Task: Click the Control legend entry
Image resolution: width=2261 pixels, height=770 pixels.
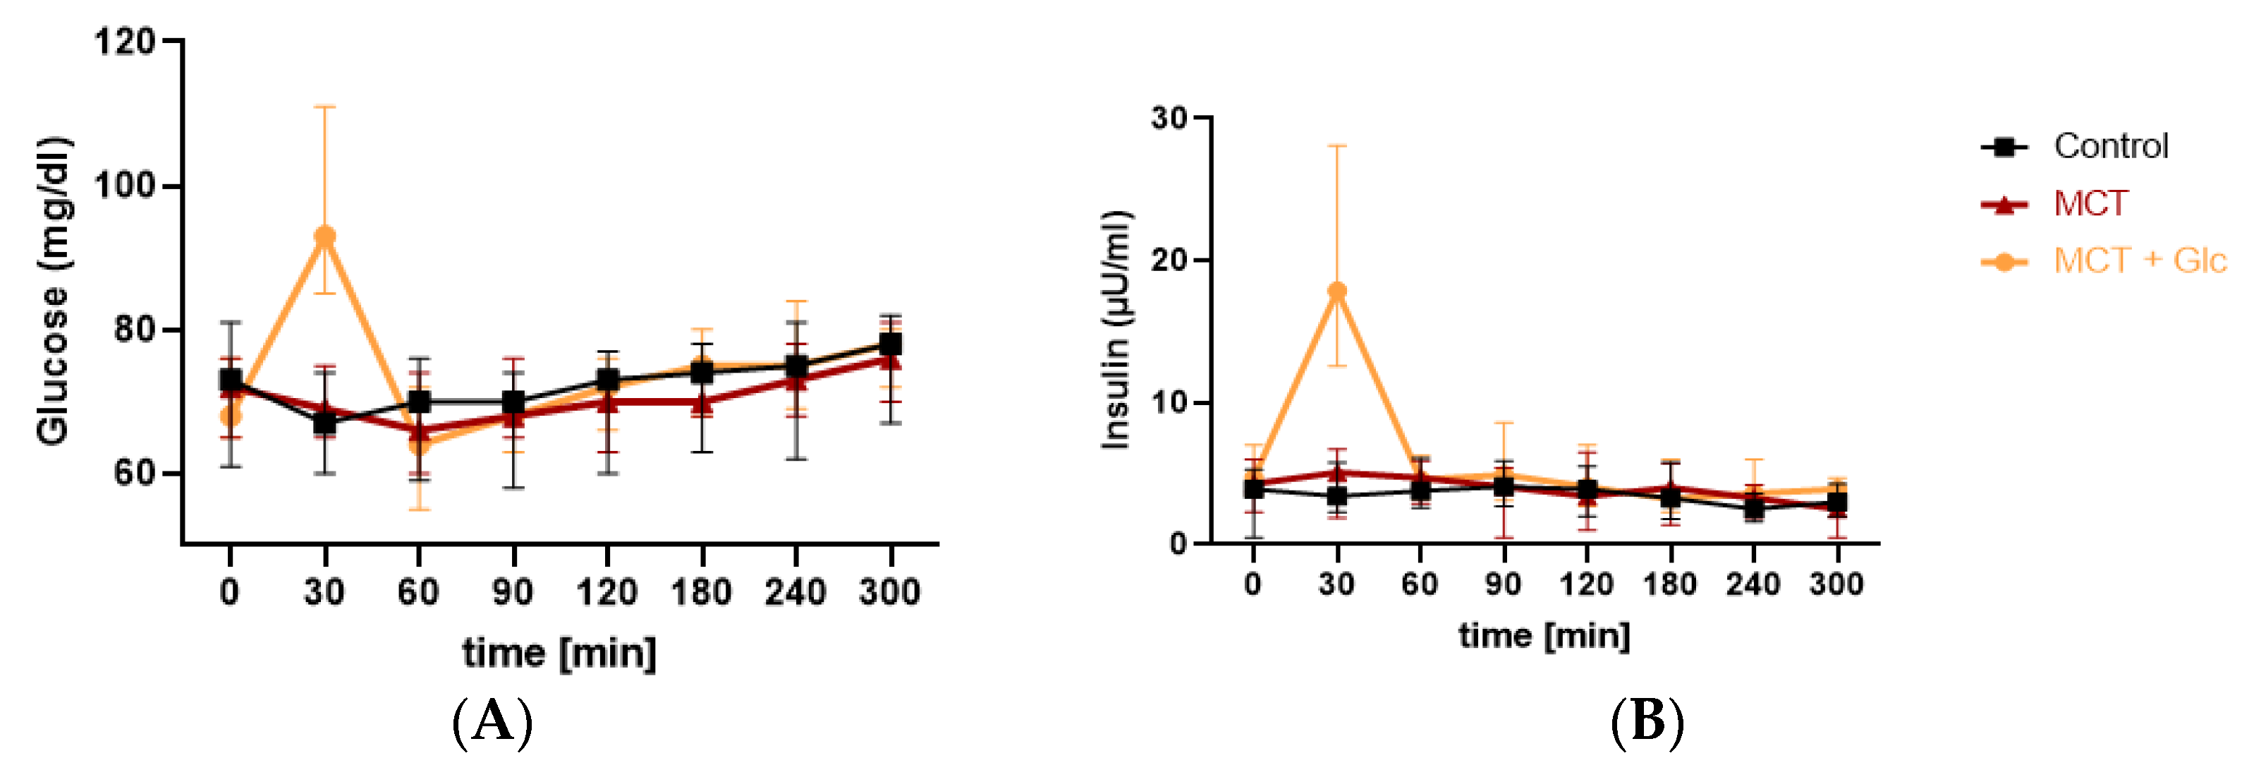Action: pos(2110,147)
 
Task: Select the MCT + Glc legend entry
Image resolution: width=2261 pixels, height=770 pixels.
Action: pos(2138,260)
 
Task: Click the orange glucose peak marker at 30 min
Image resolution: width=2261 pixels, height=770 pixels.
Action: pos(324,236)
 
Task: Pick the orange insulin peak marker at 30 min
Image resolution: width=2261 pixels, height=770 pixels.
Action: pos(1336,291)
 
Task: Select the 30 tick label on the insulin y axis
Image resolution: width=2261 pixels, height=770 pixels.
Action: pos(1169,118)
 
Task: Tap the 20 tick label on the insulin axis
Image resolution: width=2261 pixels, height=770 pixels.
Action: pos(1169,260)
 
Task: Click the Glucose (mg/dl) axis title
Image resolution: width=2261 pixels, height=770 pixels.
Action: pos(53,290)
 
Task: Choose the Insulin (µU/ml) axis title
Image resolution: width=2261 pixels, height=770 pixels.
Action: pos(1116,330)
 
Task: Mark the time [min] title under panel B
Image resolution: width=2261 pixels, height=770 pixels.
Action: pos(1544,634)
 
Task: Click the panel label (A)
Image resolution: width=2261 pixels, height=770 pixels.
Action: pos(492,723)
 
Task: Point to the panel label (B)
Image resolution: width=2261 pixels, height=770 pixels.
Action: pos(1647,723)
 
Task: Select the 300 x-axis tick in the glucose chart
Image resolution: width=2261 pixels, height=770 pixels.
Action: pos(890,593)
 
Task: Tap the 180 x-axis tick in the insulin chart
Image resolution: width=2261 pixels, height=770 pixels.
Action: pos(1669,584)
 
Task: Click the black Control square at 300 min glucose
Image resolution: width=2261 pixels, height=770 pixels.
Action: pos(891,344)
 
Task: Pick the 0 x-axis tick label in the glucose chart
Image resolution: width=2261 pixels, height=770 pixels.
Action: pos(229,593)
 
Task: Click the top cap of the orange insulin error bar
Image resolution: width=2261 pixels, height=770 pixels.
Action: pos(1336,147)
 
